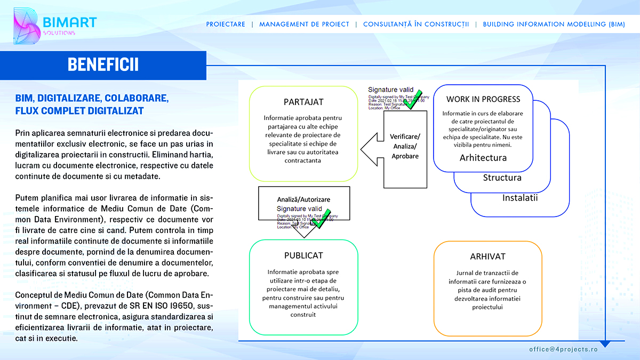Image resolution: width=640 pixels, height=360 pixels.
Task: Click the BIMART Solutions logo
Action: click(x=53, y=26)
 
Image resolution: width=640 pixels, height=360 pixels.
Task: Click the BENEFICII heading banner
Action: click(x=103, y=65)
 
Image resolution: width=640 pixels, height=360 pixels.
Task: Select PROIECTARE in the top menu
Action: click(x=226, y=24)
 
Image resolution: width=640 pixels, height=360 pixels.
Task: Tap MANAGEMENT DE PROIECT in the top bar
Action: click(x=304, y=24)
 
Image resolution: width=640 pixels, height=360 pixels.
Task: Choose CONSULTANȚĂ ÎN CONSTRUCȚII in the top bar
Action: click(x=416, y=24)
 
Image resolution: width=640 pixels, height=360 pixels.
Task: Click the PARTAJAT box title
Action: click(x=303, y=102)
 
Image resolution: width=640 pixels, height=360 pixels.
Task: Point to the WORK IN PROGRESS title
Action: click(x=483, y=99)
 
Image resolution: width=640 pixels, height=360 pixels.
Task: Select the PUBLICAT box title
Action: click(x=303, y=255)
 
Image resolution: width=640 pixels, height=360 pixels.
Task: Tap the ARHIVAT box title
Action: click(x=488, y=257)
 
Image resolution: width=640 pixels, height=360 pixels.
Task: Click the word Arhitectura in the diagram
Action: click(x=483, y=158)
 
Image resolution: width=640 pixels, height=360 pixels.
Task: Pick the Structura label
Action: click(x=502, y=178)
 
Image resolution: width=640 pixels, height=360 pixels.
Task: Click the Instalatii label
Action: click(x=520, y=198)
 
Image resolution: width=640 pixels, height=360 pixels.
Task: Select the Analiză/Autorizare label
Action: click(x=303, y=199)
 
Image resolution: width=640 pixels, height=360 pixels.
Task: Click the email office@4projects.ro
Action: click(x=563, y=349)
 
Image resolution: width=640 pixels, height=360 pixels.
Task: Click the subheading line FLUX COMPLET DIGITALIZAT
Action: click(x=79, y=111)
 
